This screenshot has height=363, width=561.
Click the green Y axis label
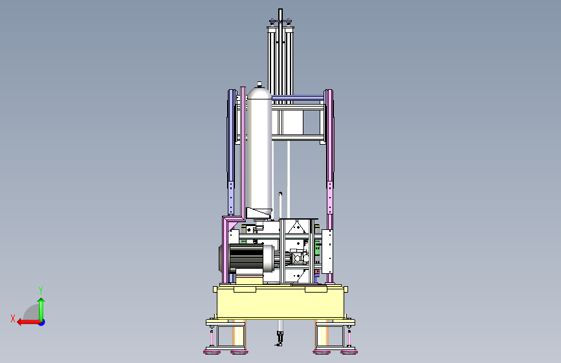coord(41,290)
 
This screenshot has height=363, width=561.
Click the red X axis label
coord(13,318)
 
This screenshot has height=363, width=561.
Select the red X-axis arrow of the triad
coord(28,322)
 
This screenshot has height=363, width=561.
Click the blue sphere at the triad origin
coord(42,322)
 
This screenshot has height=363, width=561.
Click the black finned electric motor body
coord(247,257)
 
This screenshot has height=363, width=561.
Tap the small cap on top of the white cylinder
coord(259,84)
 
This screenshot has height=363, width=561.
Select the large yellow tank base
coord(281,303)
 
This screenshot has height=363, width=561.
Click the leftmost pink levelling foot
coord(212,352)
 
